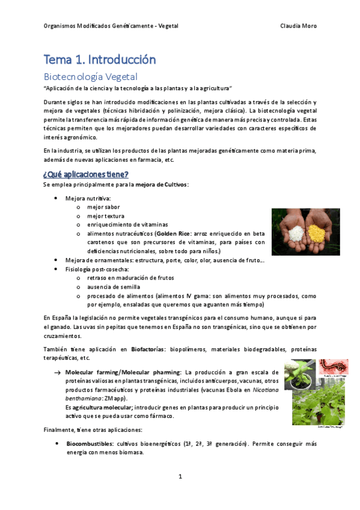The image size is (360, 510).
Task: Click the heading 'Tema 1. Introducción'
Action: point(99,60)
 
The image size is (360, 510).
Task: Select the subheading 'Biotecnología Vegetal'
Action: point(91,76)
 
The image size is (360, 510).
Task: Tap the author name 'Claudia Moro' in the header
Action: point(299,26)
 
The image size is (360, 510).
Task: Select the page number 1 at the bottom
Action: point(180,476)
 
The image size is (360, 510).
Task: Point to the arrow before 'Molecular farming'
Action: point(57,373)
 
